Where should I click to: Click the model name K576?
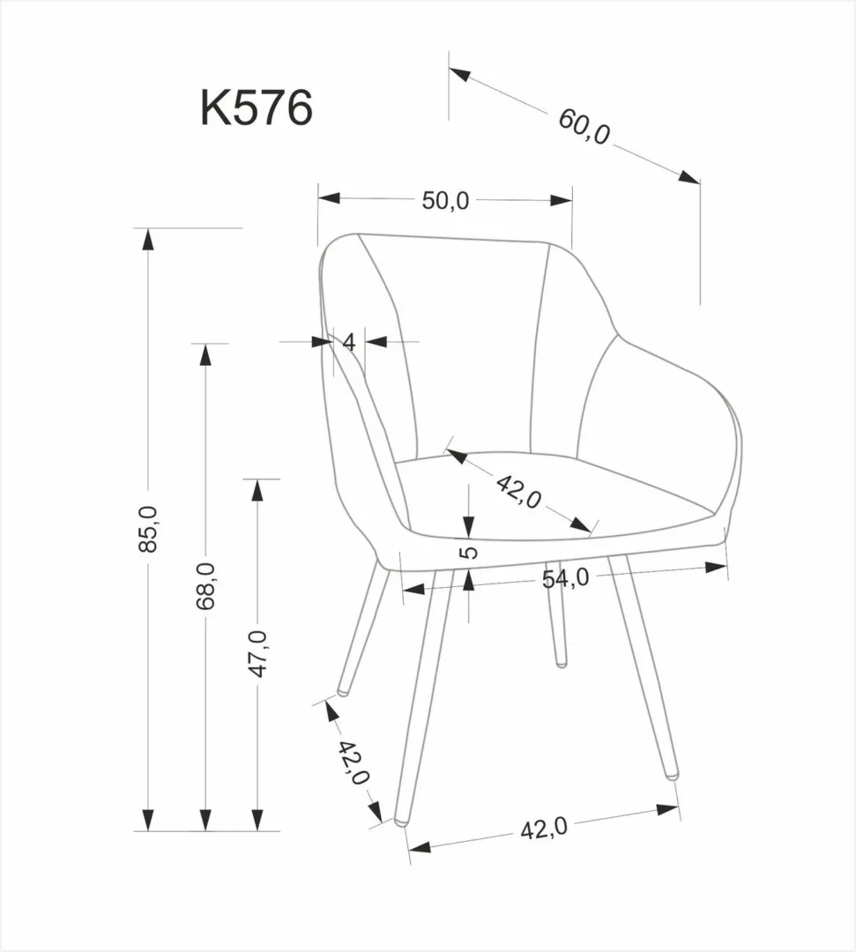tap(257, 109)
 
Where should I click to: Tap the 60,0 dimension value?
tap(584, 128)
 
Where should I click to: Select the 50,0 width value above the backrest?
tap(445, 201)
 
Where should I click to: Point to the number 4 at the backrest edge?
tap(349, 342)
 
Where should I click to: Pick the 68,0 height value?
tap(205, 586)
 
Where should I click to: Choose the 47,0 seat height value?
tap(257, 654)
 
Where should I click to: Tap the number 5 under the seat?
tap(470, 553)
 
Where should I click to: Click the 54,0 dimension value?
tap(565, 577)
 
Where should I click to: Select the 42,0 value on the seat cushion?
tap(518, 490)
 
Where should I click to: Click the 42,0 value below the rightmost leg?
tap(543, 829)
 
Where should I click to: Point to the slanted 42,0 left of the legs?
tap(354, 763)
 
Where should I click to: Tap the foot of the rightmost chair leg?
tap(674, 775)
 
